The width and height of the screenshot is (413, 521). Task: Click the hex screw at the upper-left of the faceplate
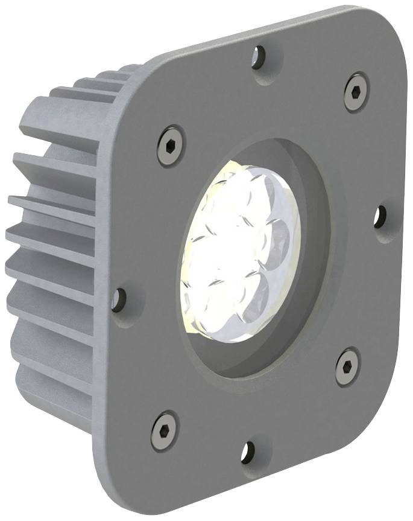point(171,145)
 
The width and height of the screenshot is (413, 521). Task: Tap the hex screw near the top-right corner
point(356,92)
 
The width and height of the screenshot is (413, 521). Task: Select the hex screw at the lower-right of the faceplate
point(347,366)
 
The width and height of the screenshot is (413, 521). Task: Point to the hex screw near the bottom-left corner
point(164,430)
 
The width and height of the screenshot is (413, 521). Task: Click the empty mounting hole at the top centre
point(259,57)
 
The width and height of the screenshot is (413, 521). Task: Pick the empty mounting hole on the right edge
point(380,217)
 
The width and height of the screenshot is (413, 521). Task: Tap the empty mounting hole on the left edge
point(119,299)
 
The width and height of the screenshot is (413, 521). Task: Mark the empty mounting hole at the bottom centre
point(248,452)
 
